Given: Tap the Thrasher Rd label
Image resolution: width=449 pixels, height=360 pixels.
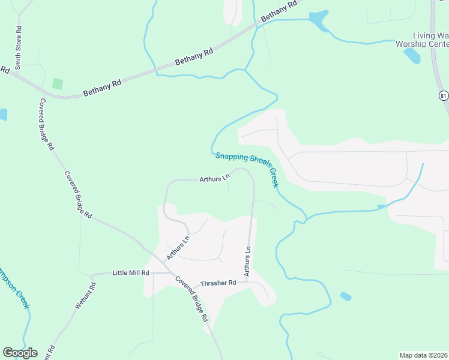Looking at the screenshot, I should [218, 283].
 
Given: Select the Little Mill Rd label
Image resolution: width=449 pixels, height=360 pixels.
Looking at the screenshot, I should [130, 273].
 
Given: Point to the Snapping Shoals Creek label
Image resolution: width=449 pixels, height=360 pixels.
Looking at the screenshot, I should [247, 169].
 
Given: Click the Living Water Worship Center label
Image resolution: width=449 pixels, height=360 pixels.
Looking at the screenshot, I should [423, 40].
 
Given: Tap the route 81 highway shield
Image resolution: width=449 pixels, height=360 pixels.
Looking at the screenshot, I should [443, 95].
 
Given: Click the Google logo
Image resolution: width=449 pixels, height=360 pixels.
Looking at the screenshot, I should [20, 353].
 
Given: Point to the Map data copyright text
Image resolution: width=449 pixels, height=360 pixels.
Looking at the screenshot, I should [423, 355].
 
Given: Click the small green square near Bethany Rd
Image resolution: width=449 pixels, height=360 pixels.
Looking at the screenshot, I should [58, 84].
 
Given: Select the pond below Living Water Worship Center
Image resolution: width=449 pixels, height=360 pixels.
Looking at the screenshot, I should [412, 55].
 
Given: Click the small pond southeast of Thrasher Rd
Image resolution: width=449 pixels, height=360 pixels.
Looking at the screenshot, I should [345, 296].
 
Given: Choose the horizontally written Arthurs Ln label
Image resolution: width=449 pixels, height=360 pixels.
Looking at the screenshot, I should [215, 178].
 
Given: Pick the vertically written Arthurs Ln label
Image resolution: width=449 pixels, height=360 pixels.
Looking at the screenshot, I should [247, 262].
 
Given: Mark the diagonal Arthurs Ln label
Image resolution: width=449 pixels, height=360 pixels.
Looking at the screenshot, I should [178, 247].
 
